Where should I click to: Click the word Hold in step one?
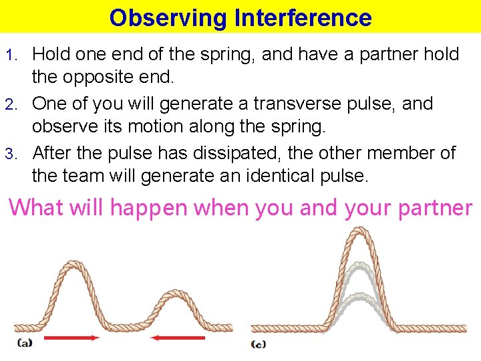point(51,54)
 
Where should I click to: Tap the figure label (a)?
point(25,344)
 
